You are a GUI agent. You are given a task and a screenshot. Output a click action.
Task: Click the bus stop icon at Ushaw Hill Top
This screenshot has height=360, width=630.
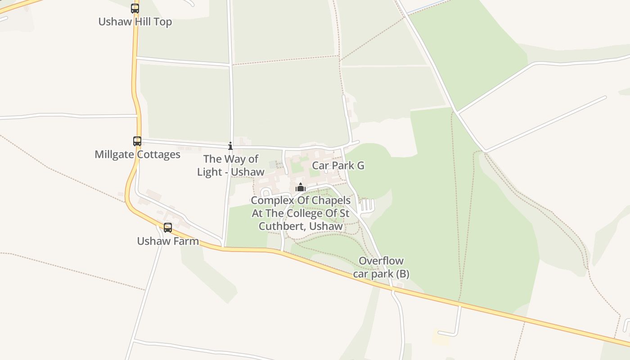click(x=135, y=8)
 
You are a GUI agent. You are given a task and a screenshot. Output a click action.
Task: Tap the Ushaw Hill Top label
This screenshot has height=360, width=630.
click(x=135, y=22)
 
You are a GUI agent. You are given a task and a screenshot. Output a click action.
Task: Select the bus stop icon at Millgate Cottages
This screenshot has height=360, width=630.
click(x=137, y=141)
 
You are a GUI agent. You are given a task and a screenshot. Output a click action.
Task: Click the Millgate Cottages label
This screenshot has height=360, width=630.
click(x=137, y=155)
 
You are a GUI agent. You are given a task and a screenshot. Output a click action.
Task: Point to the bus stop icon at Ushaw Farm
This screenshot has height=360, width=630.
click(x=168, y=228)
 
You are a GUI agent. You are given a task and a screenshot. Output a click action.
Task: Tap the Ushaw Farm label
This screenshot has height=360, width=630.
click(x=168, y=241)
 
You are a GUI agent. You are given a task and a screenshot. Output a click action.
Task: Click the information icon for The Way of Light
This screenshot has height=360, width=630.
click(x=230, y=146)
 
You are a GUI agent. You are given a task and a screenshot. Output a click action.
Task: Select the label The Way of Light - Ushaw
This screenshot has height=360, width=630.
click(x=230, y=165)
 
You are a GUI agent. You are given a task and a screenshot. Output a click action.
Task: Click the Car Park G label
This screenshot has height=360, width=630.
click(x=338, y=166)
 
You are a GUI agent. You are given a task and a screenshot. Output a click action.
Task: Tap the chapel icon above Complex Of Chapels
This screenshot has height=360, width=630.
click(x=301, y=187)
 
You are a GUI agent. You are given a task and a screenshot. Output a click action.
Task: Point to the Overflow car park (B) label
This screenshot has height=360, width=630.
click(x=381, y=267)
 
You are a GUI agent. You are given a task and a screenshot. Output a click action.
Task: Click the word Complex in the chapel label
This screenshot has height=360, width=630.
click(x=272, y=200)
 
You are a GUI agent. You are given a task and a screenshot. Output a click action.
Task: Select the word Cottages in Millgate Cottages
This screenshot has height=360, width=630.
click(x=159, y=155)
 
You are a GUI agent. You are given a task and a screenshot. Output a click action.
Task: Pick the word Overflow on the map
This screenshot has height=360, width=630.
click(x=381, y=261)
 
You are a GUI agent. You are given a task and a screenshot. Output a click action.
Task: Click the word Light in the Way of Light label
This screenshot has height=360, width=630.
click(x=210, y=172)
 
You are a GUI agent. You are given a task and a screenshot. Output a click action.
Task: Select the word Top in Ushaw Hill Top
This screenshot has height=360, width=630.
click(x=163, y=22)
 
